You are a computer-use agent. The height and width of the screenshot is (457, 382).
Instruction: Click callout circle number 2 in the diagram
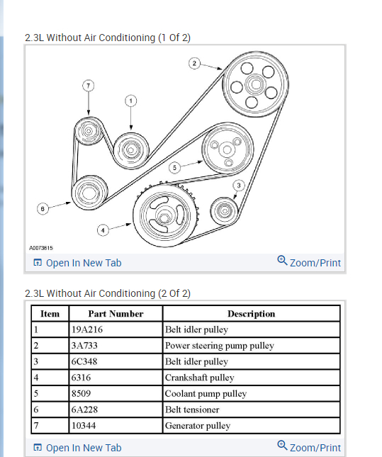point(194,63)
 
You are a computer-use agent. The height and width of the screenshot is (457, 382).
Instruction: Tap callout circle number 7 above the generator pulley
point(89,86)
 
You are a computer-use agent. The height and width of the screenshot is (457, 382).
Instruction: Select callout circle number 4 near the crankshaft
point(103,230)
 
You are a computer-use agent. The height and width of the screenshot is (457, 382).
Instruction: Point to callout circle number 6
point(43,209)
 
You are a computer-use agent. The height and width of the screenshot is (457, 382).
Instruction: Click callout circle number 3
point(239,186)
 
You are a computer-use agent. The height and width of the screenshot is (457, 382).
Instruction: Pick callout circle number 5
point(174,168)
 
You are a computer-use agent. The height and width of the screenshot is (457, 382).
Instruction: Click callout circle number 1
point(131,101)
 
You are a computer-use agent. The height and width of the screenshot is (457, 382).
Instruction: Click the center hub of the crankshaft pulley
point(164,217)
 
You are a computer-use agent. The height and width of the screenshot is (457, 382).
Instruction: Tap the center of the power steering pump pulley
point(256,84)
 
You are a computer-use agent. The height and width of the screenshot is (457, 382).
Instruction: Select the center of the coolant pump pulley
point(227,149)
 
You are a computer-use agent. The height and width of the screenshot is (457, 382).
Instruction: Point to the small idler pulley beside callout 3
point(224,210)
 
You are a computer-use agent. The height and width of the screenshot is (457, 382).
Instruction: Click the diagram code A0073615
point(41,248)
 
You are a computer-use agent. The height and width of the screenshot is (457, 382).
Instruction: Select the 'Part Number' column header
point(116,314)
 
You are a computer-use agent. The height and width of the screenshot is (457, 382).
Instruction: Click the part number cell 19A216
point(87,329)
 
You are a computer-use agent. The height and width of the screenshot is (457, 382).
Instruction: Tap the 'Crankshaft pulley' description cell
point(199,378)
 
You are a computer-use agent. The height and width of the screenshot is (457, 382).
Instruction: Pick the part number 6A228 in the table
point(84,410)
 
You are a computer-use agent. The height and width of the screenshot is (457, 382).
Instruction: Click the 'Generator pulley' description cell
point(198,426)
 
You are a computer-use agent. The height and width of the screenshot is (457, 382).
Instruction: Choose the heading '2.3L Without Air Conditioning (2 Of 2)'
point(108,293)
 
